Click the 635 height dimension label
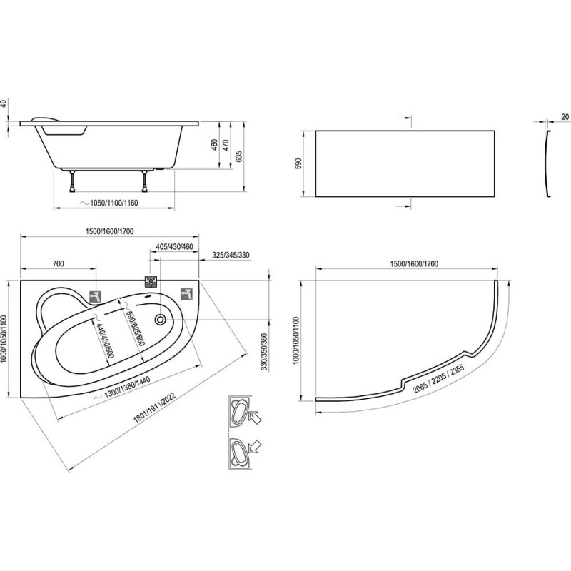pyautogui.click(x=239, y=156)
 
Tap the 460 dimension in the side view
pyautogui.click(x=215, y=145)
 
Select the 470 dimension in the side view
pyautogui.click(x=226, y=145)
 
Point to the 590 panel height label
pyautogui.click(x=299, y=163)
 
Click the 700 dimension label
pyautogui.click(x=59, y=263)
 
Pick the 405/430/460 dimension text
pyautogui.click(x=174, y=246)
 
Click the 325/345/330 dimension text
pyautogui.click(x=231, y=255)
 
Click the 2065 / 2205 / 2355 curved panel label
pyautogui.click(x=438, y=379)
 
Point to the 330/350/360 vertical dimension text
pyautogui.click(x=264, y=351)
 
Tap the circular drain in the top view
pyautogui.click(x=160, y=319)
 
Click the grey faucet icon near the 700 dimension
pyautogui.click(x=95, y=296)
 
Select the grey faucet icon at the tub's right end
pyautogui.click(x=187, y=293)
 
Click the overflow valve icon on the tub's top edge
pyautogui.click(x=151, y=281)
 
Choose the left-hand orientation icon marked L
pyautogui.click(x=244, y=452)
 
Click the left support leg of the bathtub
pyautogui.click(x=74, y=181)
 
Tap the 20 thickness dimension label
pyautogui.click(x=565, y=117)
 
